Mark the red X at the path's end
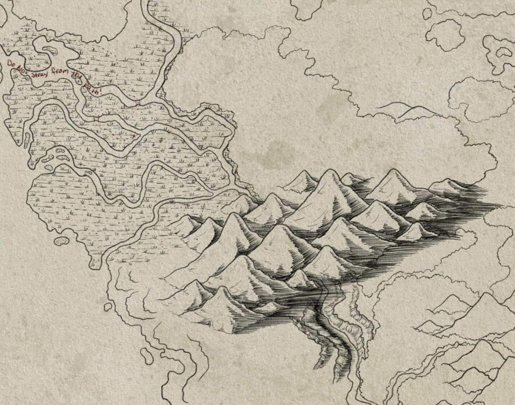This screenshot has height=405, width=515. tap(134, 136)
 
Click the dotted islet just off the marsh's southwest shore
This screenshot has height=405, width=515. tap(63, 241)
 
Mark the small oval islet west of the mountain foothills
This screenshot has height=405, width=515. tap(108, 306)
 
